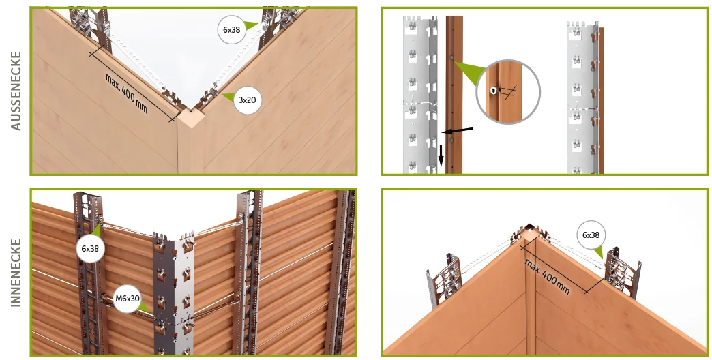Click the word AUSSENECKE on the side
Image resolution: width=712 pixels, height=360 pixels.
click(16, 91)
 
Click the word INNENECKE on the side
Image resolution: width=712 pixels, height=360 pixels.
click(16, 273)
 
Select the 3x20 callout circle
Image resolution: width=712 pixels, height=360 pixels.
click(248, 100)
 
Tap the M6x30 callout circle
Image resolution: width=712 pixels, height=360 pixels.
click(128, 299)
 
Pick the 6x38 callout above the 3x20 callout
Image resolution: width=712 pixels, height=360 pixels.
click(232, 29)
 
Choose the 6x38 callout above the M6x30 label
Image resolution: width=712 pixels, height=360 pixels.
click(91, 248)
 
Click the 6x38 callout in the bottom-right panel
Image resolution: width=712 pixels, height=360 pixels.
click(591, 235)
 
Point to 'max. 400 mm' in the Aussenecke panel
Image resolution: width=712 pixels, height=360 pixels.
click(127, 93)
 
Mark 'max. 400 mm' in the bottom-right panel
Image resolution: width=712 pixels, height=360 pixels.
click(547, 276)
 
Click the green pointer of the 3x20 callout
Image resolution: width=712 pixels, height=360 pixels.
click(227, 97)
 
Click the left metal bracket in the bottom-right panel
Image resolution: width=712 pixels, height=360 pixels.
click(443, 280)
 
